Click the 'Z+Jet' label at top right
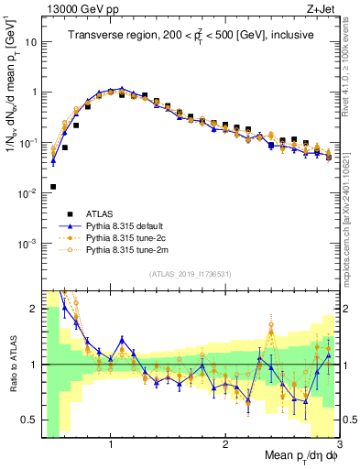click(x=321, y=8)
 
